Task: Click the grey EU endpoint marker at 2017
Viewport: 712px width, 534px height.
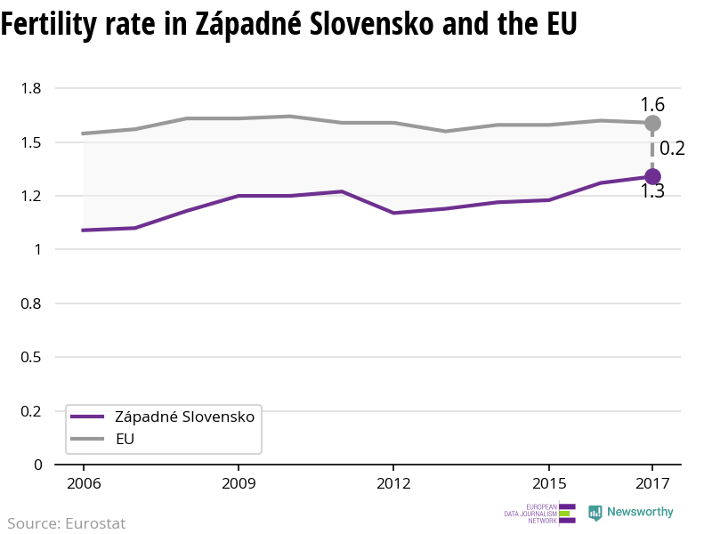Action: point(652,123)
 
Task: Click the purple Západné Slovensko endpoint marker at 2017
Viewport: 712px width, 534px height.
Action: point(652,176)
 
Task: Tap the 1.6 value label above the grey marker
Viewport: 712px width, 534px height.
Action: point(652,104)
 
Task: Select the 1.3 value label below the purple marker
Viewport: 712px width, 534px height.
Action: point(652,191)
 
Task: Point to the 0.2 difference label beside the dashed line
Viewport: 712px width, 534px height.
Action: point(672,149)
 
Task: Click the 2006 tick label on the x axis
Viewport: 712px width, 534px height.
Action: point(83,483)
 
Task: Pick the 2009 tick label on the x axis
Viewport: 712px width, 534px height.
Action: point(239,483)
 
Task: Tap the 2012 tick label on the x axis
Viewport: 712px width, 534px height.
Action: point(393,483)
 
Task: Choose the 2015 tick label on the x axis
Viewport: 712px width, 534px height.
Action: point(548,483)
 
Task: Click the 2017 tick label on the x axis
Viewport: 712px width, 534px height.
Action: point(652,483)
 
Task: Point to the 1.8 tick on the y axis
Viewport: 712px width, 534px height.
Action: point(31,88)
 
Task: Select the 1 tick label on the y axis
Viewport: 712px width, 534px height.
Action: point(37,249)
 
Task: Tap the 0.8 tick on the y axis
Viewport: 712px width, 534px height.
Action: point(31,303)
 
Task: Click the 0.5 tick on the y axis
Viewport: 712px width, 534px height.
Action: point(31,357)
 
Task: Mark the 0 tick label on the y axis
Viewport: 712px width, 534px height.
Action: point(37,465)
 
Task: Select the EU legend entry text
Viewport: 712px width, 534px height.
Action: point(125,439)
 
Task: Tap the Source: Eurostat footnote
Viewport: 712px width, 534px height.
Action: point(67,523)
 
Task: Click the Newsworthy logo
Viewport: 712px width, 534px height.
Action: point(631,513)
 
